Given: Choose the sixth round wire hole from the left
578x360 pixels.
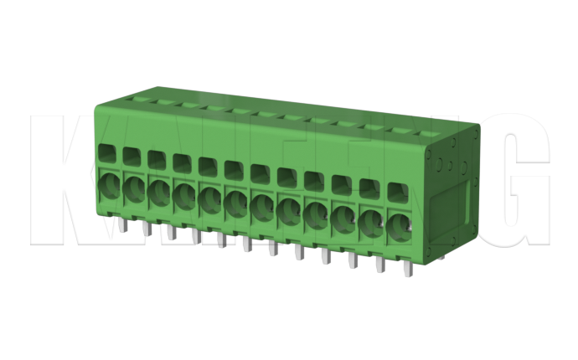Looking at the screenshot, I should tap(235, 201).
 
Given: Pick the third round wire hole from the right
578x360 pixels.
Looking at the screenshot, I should tap(343, 216).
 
